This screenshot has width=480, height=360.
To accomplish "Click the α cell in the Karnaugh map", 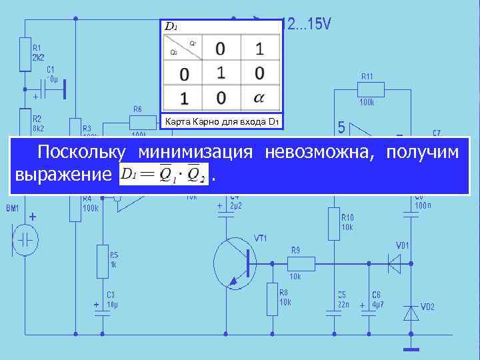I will click(x=259, y=99).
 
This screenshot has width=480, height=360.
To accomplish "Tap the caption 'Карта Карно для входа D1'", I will click(x=221, y=122).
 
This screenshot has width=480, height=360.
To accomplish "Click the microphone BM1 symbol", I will click(x=25, y=239).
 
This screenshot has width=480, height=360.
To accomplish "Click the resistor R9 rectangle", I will click(x=294, y=263).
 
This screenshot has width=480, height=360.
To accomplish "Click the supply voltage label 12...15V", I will click(x=307, y=25).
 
